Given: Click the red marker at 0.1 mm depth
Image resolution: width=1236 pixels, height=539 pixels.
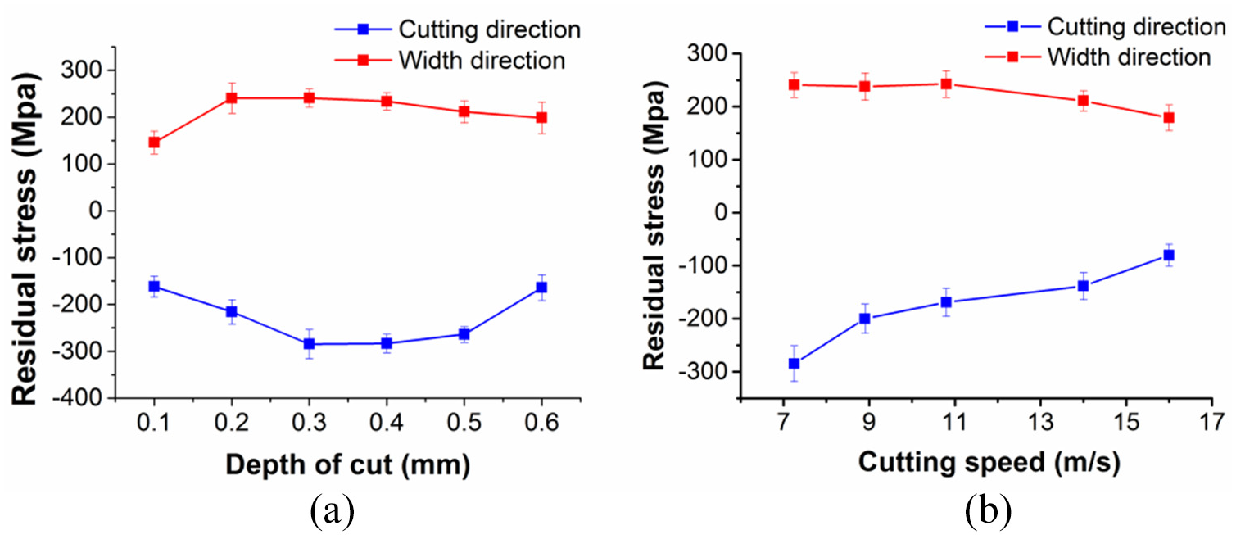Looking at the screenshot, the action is (154, 143).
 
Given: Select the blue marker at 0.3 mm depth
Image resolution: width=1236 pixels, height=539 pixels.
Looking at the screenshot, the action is (309, 344).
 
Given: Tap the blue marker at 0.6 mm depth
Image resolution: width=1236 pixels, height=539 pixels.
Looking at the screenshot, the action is (542, 288).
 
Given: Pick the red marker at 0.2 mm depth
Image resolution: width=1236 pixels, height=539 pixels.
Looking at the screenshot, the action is (232, 98).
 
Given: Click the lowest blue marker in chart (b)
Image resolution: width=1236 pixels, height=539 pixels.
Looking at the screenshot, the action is (794, 364).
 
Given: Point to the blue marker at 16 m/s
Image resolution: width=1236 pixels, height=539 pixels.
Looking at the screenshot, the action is (1169, 256).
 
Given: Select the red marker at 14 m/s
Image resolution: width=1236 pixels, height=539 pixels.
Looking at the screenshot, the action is (1083, 101).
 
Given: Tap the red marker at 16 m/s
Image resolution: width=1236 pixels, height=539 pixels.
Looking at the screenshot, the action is (1169, 118).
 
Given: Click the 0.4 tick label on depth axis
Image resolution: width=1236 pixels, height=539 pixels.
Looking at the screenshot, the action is (387, 423).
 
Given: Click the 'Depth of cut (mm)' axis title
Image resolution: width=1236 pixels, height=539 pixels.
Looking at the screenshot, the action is (348, 464).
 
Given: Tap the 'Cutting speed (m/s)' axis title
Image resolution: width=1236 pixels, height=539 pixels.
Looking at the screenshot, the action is (989, 462).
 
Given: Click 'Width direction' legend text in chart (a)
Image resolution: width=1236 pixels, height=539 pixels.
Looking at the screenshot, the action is (482, 60).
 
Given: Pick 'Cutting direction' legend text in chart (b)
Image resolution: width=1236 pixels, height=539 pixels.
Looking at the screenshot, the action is (1137, 26).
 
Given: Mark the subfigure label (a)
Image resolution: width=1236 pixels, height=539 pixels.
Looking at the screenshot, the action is (333, 511).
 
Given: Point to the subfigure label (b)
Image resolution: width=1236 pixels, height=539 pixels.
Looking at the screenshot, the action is (989, 511).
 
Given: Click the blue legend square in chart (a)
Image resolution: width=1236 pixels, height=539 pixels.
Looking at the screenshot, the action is (363, 29).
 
